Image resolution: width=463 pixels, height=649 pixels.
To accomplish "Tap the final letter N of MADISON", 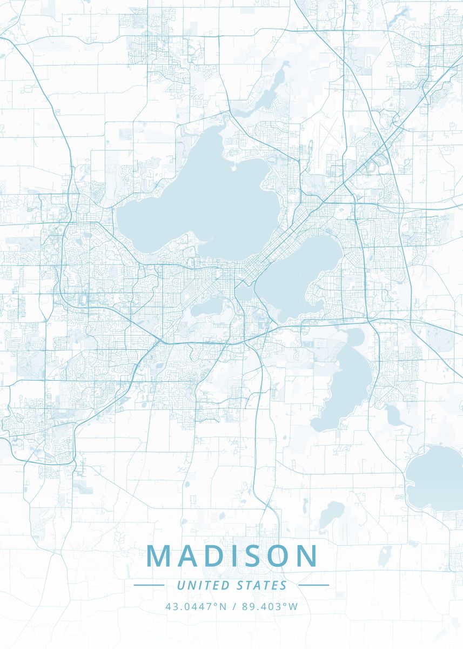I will tap(307, 556).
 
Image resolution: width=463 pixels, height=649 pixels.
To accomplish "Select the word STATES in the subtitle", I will tap(262, 585).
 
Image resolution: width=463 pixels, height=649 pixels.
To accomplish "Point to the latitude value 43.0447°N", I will tap(196, 606).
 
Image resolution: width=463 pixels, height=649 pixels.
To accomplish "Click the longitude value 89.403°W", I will tap(270, 606).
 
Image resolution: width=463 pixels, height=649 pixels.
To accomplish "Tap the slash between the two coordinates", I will tap(234, 606).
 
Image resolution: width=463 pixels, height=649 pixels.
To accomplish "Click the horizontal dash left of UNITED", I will tap(149, 585).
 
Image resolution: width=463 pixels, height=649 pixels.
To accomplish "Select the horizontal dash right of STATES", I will tap(313, 585).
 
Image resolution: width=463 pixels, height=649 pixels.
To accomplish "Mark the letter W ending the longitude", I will tap(293, 606).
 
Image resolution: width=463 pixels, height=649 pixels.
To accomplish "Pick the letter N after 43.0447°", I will tap(223, 606).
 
